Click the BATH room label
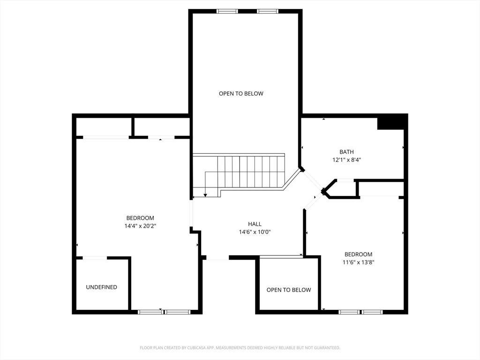coord(346,152)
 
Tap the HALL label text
coord(255,224)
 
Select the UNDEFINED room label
coord(101,287)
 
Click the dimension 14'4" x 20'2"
coord(140,226)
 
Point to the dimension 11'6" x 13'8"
coord(359,262)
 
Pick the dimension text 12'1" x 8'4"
coord(346,160)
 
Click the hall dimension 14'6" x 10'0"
coord(255,232)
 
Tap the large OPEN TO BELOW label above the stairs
coord(241,94)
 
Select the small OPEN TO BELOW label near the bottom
coord(289,290)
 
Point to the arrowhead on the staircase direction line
coord(205,195)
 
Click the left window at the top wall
coord(227,11)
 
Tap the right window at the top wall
coord(268,11)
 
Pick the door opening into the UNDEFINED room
coord(95,258)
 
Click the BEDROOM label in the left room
coord(140,218)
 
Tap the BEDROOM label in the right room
coord(359,255)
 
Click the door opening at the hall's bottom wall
coord(217,258)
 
